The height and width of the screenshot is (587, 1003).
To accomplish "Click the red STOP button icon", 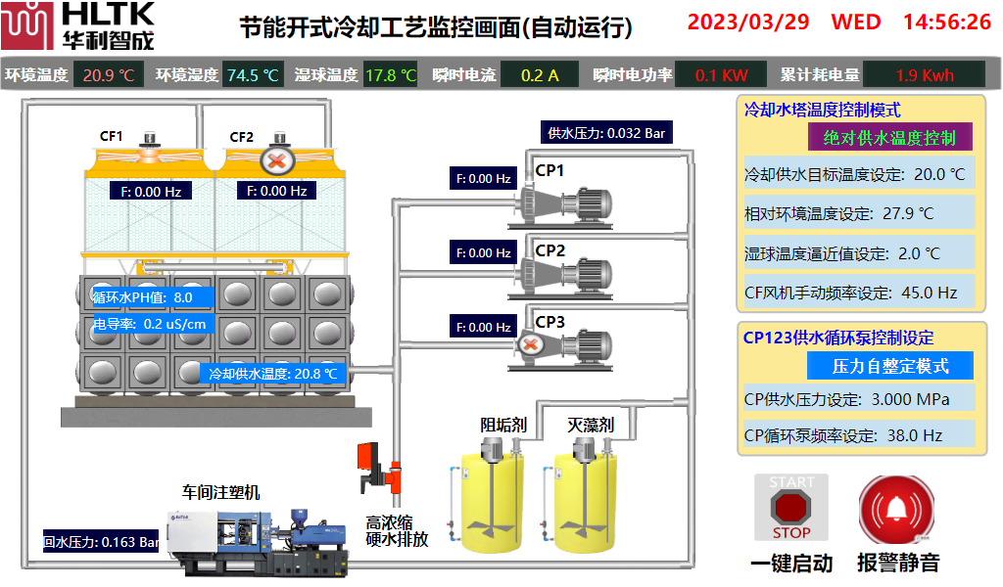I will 790,507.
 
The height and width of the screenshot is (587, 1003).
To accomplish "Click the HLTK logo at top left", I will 78,25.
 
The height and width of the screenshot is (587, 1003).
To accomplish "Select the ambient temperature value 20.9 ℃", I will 109,74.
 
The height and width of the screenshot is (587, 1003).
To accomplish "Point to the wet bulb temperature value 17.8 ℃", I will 390,74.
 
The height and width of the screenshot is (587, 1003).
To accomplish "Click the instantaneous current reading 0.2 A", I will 539,74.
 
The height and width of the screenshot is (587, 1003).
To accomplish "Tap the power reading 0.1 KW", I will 721,74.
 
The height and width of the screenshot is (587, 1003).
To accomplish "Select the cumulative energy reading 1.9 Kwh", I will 924,74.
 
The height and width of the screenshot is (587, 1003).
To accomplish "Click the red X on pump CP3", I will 530,344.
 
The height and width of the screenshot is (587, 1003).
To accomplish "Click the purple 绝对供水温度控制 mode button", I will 889,137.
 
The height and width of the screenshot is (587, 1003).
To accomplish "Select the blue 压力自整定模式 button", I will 889,366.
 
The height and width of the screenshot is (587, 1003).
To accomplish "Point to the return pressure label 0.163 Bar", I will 101,541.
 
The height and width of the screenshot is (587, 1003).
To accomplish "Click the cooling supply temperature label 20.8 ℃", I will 273,373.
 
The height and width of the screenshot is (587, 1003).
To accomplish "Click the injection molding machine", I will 257,540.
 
